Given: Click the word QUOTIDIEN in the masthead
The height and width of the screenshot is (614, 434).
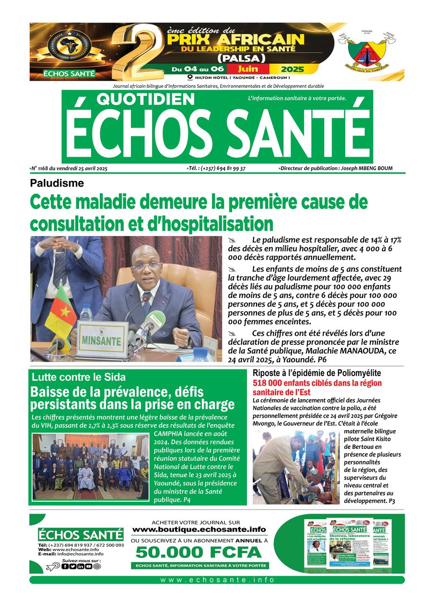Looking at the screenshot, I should pos(146,99).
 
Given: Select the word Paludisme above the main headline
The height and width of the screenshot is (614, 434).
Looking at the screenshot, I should pos(57,183).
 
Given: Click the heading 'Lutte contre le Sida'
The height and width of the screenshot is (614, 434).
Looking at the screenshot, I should pos(79,377).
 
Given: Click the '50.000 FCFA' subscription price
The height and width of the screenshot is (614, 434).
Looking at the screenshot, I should pos(199,552).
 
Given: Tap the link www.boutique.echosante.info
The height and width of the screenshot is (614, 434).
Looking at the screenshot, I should pos(199,530).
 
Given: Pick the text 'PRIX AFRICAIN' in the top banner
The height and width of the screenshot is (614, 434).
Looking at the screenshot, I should pos(235,39).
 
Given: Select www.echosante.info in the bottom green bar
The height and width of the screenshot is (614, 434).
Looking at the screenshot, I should pos(217,580).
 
